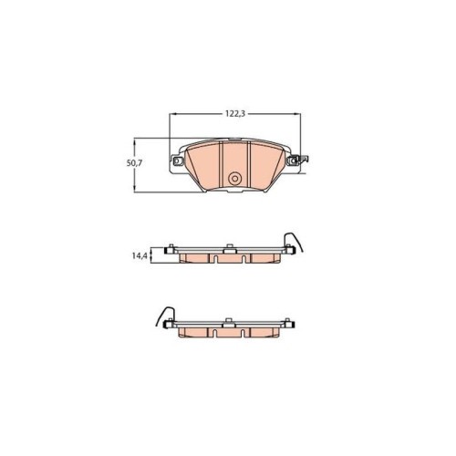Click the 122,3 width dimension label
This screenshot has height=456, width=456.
235,114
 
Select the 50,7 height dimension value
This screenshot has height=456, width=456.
134,163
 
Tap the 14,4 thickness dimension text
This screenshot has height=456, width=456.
140,256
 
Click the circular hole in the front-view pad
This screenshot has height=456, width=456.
234,179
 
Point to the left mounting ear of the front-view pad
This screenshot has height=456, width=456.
178,161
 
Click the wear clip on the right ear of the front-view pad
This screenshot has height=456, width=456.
304,159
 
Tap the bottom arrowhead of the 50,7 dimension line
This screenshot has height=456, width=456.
134,189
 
